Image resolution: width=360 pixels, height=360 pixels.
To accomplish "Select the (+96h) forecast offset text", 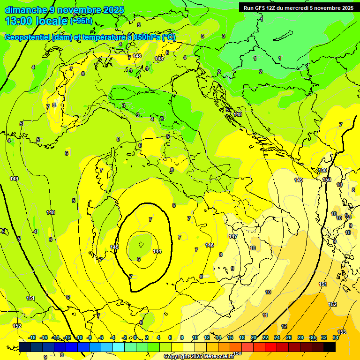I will (82, 21).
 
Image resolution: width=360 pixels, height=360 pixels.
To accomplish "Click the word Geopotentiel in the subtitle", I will (28, 37).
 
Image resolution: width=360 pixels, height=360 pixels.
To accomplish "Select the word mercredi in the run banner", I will (295, 7).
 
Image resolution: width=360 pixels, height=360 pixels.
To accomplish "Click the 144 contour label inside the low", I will (157, 251).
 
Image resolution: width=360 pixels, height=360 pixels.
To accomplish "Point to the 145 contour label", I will (114, 247).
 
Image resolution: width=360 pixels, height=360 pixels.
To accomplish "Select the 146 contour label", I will (210, 245).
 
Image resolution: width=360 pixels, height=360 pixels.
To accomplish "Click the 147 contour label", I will (233, 237).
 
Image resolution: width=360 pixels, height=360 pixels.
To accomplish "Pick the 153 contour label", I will (342, 332).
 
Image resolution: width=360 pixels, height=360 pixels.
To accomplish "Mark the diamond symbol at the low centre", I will (141, 244).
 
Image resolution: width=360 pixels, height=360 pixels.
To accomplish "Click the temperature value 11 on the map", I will (265, 315).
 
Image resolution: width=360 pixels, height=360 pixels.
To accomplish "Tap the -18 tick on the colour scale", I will (32, 337).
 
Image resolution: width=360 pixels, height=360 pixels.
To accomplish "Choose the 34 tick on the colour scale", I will (336, 337).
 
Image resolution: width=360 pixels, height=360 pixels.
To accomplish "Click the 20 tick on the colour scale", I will (254, 337).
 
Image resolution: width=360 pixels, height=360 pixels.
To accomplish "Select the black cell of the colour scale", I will (330, 347).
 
